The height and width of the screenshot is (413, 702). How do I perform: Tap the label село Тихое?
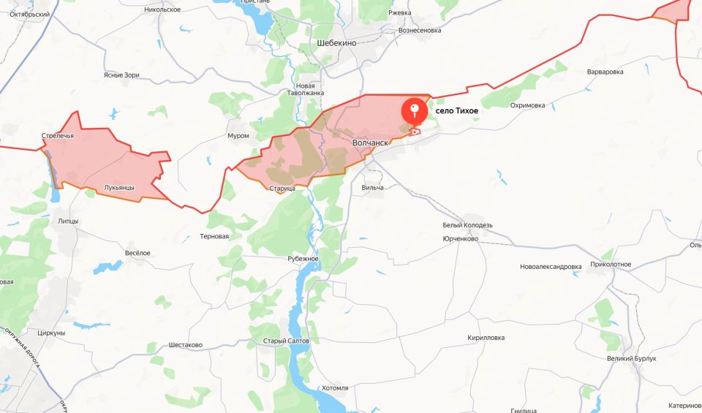coord(457,110)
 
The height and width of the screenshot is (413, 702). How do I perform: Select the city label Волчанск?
coord(370,143)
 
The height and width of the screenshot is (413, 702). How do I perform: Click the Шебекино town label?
coord(337,43)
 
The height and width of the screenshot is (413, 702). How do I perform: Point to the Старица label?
coord(282,189)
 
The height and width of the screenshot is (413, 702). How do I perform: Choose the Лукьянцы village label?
coord(119,188)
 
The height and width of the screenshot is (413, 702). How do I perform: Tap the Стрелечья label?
coord(58,136)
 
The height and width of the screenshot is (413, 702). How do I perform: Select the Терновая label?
coord(214,237)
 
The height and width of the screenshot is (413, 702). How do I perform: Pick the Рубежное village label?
coord(303,259)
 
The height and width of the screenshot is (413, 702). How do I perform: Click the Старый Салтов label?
coord(287,341)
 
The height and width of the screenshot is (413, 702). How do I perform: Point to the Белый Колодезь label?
coord(468,225)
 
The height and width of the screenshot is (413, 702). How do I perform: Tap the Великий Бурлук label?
coord(632,359)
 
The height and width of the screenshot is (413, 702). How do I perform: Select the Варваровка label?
coord(605,72)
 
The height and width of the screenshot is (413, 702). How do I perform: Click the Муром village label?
coord(238,136)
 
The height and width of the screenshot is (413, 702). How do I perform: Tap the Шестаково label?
coord(186,345)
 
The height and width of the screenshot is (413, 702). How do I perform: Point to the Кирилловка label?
coord(486,338)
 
